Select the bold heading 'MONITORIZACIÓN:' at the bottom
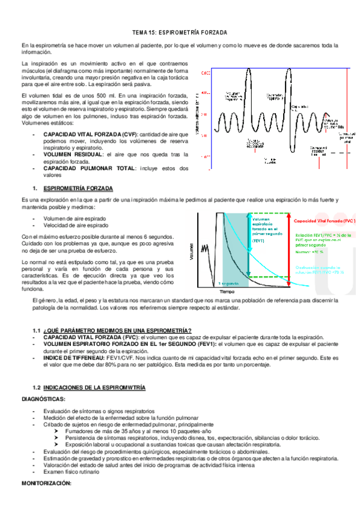pos(47,484)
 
